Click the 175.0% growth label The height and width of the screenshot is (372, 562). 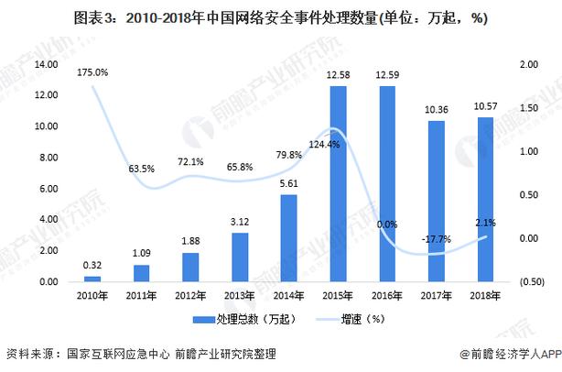tap(92, 71)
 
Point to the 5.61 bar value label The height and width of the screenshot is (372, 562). tap(289, 182)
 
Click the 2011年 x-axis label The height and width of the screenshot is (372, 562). tap(140, 295)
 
